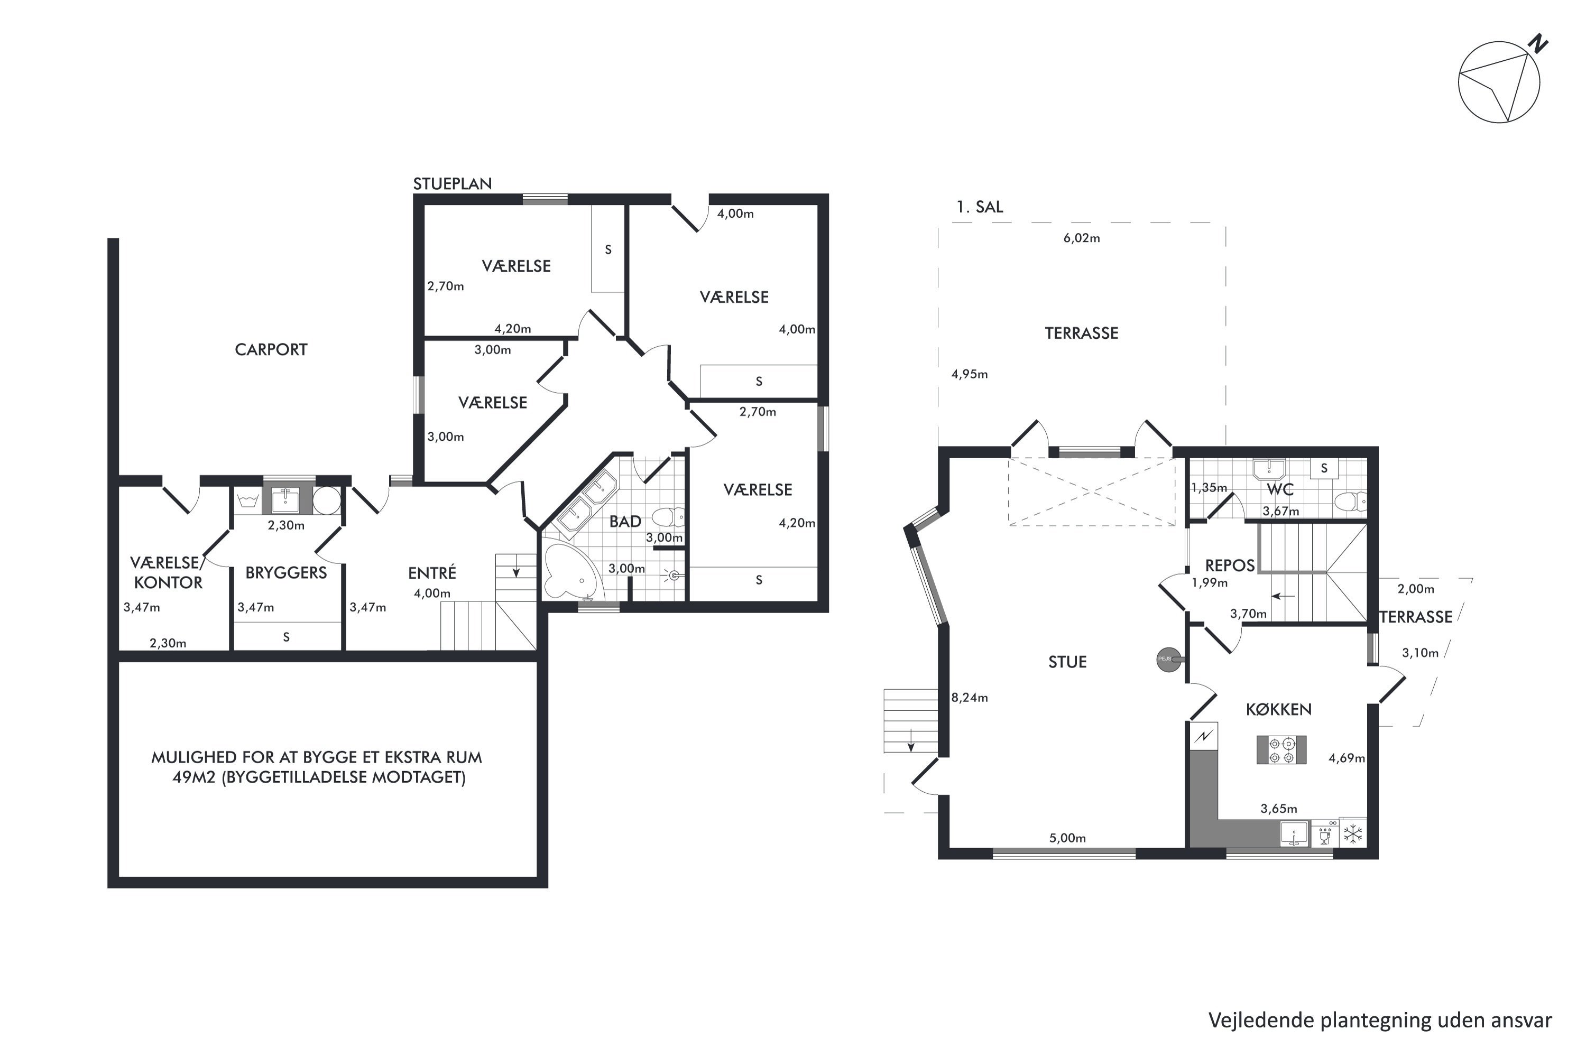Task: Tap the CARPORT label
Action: coord(271,349)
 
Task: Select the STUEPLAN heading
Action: coord(453,183)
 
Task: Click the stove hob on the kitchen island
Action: coord(1281,749)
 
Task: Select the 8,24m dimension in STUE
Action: coord(970,698)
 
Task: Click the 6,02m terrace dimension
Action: coord(1082,238)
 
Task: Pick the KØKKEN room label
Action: coord(1278,709)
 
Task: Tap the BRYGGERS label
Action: coord(286,572)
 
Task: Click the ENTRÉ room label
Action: coord(432,572)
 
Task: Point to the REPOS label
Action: coord(1230,565)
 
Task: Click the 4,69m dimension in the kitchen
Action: coord(1347,758)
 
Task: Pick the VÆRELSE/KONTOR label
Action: coord(167,572)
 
